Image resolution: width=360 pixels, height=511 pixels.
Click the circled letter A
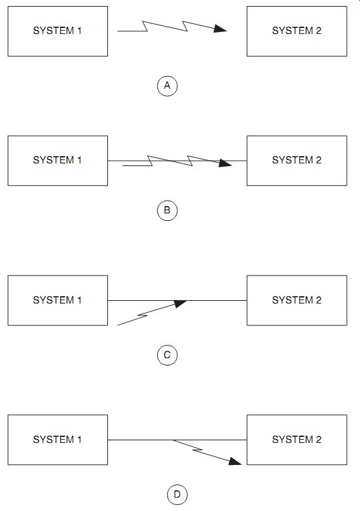click(167, 85)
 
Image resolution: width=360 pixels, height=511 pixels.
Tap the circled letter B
click(167, 210)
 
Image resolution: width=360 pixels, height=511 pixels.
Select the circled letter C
click(167, 355)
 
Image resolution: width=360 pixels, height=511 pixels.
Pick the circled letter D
click(177, 495)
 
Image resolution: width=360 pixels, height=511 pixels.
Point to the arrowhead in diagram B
click(225, 163)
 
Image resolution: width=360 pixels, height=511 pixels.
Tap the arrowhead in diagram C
click(180, 304)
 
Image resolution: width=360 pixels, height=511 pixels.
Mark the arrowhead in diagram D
click(235, 461)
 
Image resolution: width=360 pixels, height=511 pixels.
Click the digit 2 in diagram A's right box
click(318, 31)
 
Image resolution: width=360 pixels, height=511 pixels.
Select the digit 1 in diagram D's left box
click(79, 440)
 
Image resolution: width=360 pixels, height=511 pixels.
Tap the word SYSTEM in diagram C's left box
click(54, 300)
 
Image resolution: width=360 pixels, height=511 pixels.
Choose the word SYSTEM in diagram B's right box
click(293, 160)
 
